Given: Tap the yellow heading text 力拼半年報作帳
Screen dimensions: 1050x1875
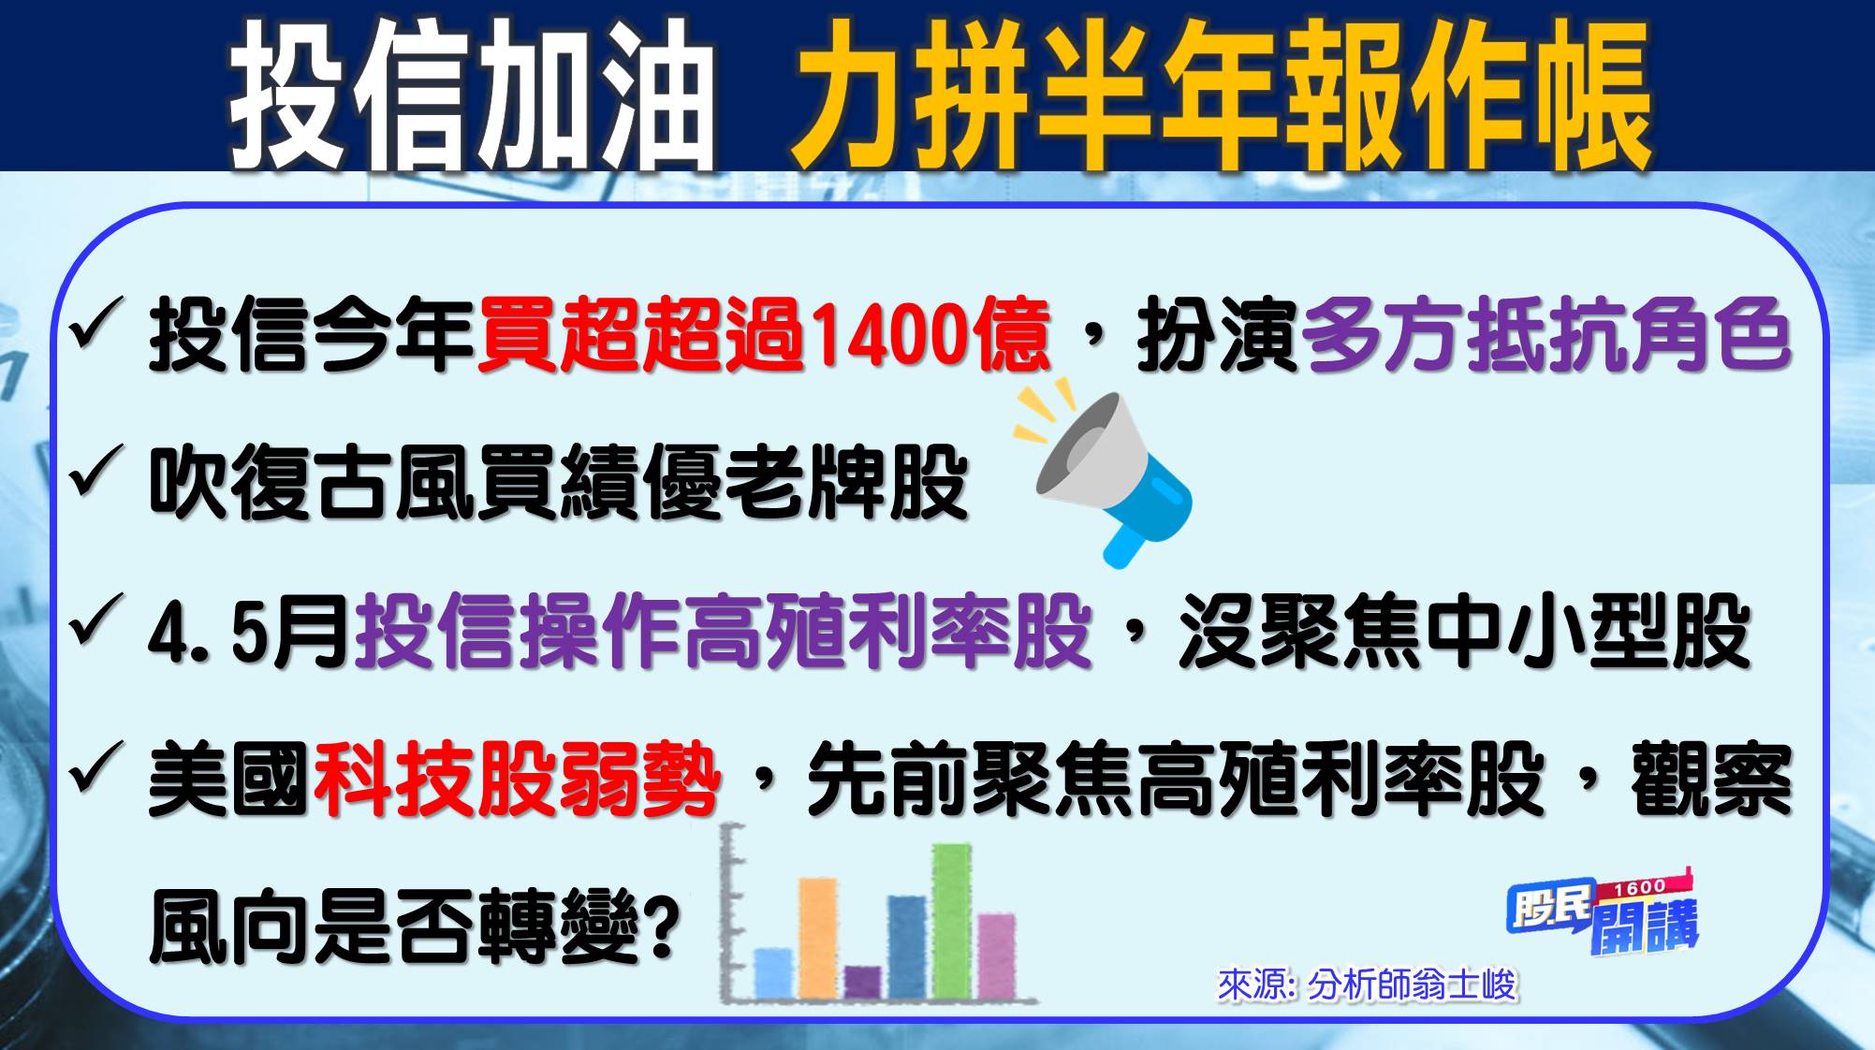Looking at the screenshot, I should (x=1220, y=94).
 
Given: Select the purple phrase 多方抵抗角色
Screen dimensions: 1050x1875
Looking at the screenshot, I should (x=1545, y=334).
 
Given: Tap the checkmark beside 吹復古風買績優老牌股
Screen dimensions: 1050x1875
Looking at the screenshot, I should (x=96, y=470).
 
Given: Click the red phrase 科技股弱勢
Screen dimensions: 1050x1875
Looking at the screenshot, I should (x=517, y=780).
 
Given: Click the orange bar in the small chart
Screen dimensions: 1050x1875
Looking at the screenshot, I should (x=817, y=938).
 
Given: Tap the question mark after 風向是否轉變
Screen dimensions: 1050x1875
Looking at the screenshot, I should (x=663, y=926).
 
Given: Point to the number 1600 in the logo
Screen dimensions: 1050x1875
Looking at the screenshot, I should (x=1640, y=886).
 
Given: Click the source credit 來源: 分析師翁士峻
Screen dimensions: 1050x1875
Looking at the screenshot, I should (x=1367, y=984).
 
